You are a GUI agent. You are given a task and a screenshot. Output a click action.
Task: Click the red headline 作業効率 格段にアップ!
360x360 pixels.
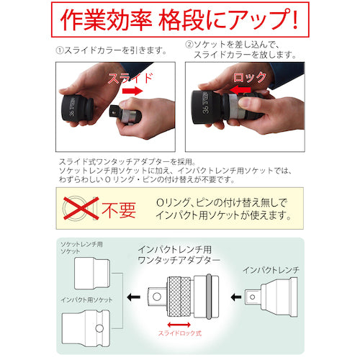tap(179, 19)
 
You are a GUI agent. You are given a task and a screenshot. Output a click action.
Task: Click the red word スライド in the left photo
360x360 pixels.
tap(130, 78)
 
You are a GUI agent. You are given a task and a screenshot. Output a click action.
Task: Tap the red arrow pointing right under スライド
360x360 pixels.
tap(132, 91)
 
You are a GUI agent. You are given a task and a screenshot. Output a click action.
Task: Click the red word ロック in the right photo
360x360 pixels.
tap(250, 77)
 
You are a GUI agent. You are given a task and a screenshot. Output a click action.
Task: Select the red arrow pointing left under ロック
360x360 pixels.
tap(240, 90)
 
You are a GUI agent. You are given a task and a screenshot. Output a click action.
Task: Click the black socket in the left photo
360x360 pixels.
tap(78, 108)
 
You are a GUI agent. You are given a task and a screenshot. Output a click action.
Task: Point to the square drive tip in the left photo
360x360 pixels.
tap(115, 111)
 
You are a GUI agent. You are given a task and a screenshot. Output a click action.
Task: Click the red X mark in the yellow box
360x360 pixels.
tap(81, 208)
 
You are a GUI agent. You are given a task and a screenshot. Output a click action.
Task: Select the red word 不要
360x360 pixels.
tap(119, 210)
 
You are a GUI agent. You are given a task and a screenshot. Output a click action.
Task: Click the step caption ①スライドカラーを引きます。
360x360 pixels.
tap(112, 50)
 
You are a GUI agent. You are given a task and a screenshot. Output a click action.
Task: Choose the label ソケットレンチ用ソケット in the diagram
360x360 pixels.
tap(81, 248)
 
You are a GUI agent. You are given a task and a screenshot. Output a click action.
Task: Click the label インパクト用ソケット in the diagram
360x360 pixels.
tap(86, 300)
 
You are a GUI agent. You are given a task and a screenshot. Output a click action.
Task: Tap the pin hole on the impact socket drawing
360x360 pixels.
tap(99, 328)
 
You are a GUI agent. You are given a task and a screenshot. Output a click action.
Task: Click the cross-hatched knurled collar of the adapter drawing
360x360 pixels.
tap(179, 297)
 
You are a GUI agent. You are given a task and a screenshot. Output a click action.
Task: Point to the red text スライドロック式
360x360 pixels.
tap(180, 333)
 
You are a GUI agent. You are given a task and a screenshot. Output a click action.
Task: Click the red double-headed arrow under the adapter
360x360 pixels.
tap(179, 325)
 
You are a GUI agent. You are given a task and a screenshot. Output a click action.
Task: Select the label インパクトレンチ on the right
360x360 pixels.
tap(271, 270)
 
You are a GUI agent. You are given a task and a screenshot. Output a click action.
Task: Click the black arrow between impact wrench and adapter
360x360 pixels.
tap(236, 297)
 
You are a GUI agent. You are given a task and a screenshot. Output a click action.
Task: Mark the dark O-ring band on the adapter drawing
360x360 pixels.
tap(209, 297)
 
